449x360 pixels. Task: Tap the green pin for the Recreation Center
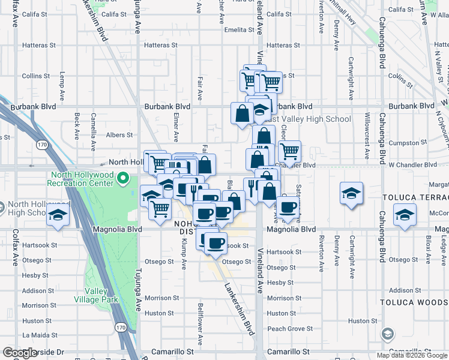pos(124,178)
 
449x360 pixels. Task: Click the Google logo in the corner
pos(20,353)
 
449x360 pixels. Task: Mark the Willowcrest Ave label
pos(367,142)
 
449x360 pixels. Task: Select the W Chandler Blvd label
pos(412,164)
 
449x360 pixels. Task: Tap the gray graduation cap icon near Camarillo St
pos(388,334)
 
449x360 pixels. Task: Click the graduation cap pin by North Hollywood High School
pos(58,215)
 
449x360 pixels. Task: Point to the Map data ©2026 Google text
pos(411,355)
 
